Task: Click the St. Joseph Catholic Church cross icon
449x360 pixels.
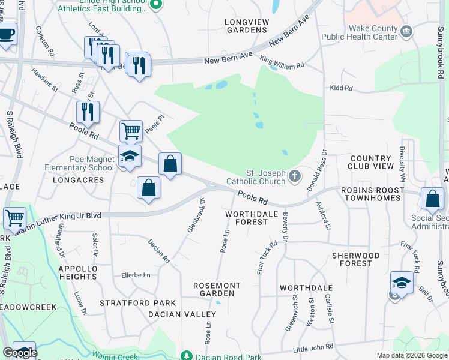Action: coord(294,176)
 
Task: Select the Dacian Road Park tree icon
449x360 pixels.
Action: coord(187,356)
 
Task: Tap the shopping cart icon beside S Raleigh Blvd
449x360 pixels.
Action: coord(14,218)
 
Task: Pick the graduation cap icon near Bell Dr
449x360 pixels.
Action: coord(401,283)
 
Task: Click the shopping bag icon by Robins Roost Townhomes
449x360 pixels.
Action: coord(432,199)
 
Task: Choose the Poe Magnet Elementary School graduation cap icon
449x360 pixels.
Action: coord(130,157)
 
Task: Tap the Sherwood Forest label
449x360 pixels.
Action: coord(356,259)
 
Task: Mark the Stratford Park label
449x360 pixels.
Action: coord(137,303)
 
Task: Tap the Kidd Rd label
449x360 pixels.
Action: coord(340,88)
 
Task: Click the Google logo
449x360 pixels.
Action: coord(20,353)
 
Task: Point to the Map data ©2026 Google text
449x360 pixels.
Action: coord(411,355)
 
